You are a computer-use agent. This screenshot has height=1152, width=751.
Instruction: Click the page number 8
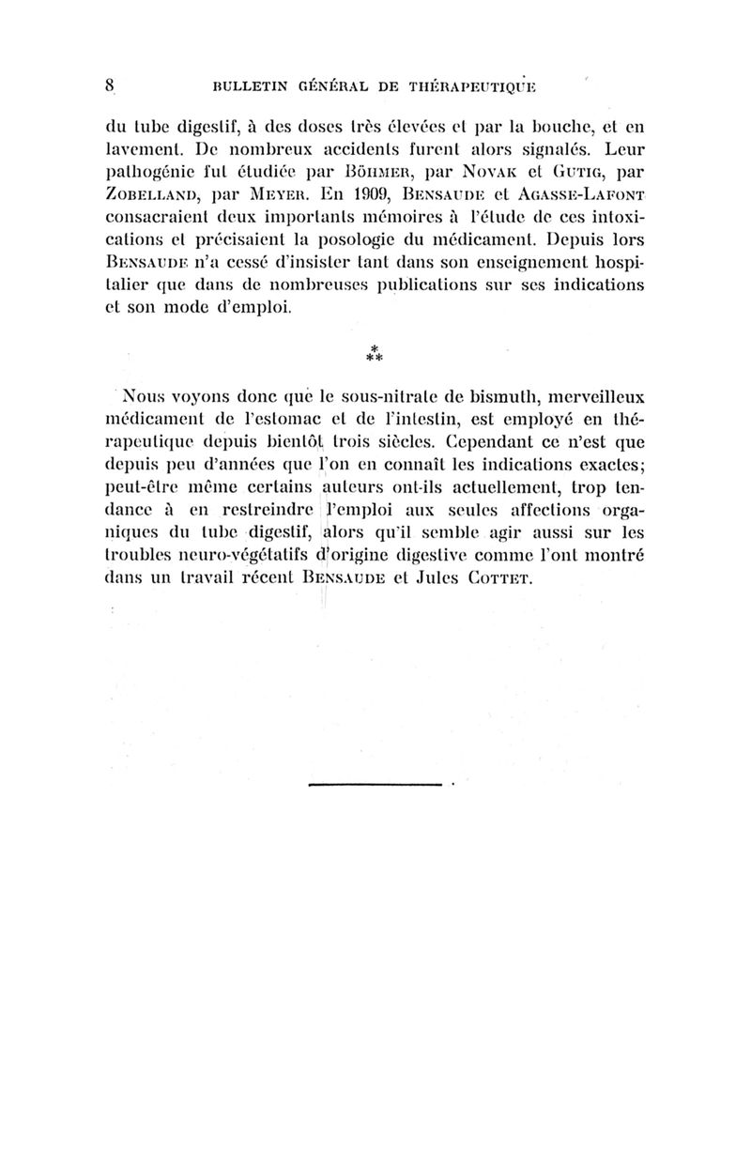(110, 84)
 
